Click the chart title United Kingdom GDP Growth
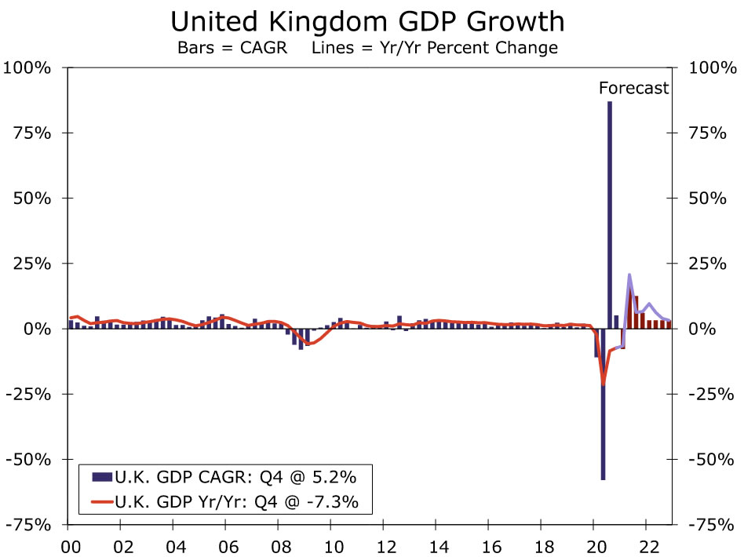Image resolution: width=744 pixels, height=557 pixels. point(372,20)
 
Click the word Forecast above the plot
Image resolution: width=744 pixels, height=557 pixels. point(634,88)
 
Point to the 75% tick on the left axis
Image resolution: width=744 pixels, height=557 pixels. point(33,133)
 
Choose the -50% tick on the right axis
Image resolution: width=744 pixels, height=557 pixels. point(709,459)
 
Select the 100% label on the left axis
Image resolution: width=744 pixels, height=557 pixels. point(28,67)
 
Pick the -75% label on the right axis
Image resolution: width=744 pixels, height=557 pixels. point(709,524)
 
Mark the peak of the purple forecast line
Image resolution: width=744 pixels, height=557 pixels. point(629,275)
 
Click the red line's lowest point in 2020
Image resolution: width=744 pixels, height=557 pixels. point(604,384)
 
